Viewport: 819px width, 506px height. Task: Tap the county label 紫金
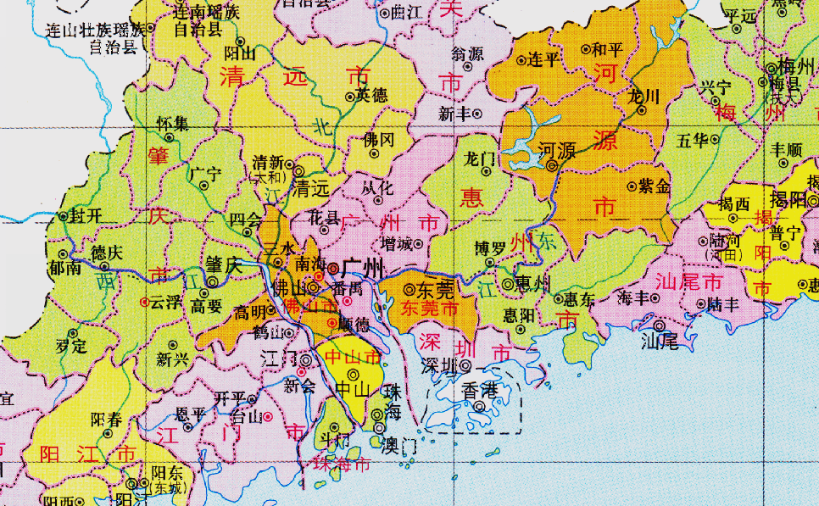[x=655, y=186]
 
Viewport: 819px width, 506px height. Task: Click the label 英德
[x=371, y=95]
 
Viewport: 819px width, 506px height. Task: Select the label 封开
[x=85, y=215]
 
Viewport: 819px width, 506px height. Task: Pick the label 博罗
[x=491, y=247]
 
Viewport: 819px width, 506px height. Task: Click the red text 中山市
[x=354, y=357]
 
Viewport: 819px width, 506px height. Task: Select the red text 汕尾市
[x=688, y=280]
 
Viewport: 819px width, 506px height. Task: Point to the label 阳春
[x=106, y=418]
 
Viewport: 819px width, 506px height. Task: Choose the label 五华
[x=693, y=140]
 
